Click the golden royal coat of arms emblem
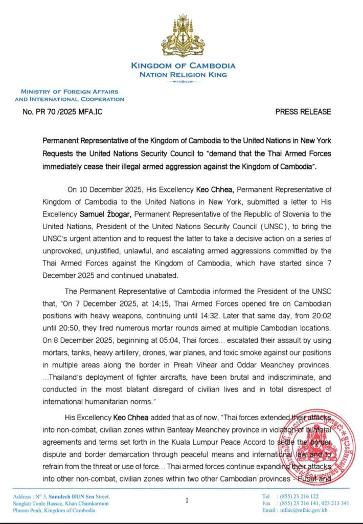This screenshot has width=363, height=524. pyautogui.click(x=183, y=35)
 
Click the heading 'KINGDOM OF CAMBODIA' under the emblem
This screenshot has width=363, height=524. pyautogui.click(x=183, y=65)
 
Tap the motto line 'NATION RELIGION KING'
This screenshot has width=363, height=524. pyautogui.click(x=183, y=74)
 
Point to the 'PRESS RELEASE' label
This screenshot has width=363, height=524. pyautogui.click(x=303, y=112)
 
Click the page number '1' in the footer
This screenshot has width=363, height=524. pyautogui.click(x=187, y=500)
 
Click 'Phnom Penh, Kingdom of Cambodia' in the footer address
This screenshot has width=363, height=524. pyautogui.click(x=55, y=511)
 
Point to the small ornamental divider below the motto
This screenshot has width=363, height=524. pyautogui.click(x=183, y=82)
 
